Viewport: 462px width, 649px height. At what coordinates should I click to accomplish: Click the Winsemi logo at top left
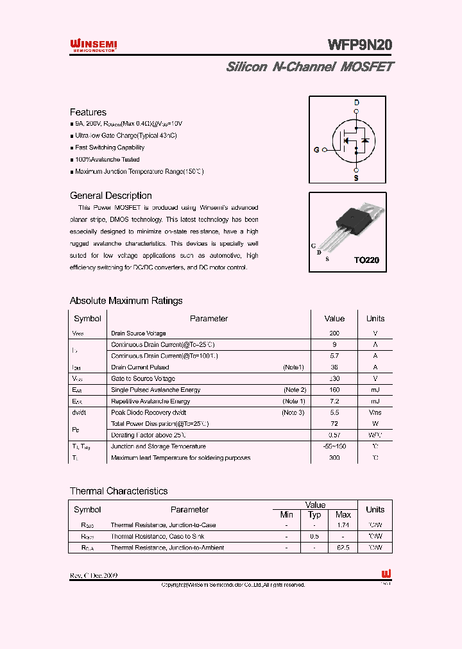coord(93,44)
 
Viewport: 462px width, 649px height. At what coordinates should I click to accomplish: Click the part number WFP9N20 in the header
coord(359,45)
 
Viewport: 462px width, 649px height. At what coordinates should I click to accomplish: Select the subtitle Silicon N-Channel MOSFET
coord(310,67)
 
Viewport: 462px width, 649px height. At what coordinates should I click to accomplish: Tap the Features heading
coord(88,112)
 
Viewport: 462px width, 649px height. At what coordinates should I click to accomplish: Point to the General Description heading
coord(110,196)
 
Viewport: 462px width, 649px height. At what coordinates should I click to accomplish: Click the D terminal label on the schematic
coord(357,103)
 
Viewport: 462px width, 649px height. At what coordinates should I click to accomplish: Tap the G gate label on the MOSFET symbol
coord(316,150)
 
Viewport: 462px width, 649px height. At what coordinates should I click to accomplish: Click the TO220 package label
coord(366,260)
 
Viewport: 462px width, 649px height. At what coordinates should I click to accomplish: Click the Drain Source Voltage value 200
coord(334,333)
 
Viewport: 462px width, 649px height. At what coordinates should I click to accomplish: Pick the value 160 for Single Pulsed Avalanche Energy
coord(334,390)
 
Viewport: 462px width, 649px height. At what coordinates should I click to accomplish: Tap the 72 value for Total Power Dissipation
coord(334,424)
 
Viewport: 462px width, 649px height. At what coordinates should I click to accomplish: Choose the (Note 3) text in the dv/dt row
coord(293,412)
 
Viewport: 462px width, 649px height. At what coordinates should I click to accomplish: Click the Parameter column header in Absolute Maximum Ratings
coord(209,319)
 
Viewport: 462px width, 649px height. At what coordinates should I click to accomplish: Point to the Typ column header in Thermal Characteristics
coord(314,515)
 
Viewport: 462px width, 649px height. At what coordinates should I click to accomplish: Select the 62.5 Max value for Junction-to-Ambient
coord(343,548)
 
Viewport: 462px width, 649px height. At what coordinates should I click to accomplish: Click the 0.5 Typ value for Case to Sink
coord(314,536)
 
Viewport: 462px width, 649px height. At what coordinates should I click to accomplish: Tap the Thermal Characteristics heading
coord(118,491)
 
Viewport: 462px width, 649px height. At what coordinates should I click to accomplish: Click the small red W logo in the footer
coord(386,574)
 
